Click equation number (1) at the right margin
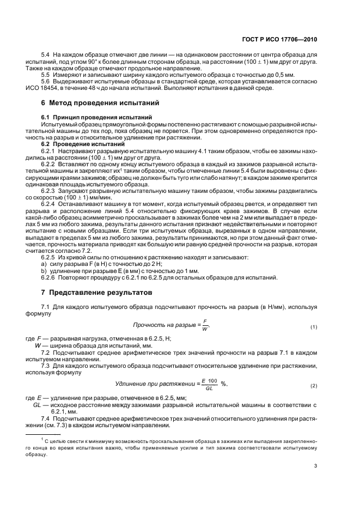(x=314, y=327)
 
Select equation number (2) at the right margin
(x=314, y=386)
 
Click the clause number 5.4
(x=46, y=56)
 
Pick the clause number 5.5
(x=46, y=74)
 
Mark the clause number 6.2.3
(x=50, y=191)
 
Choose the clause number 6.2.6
(x=50, y=278)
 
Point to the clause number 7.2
(x=46, y=353)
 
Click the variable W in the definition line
(x=38, y=345)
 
